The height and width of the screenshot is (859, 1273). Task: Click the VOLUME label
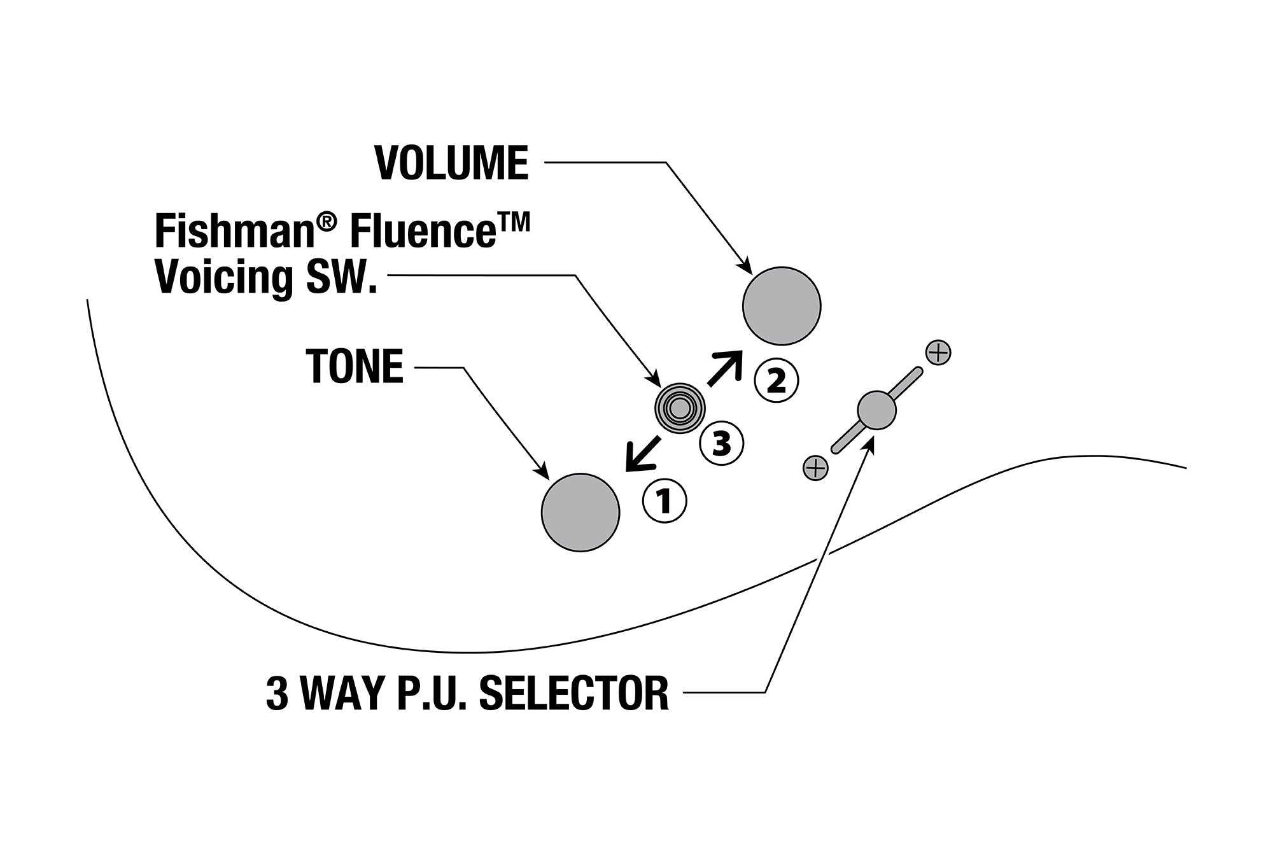[x=451, y=163]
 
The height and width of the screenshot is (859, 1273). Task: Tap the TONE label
[x=355, y=367]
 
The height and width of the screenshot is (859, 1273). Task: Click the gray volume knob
[x=782, y=306]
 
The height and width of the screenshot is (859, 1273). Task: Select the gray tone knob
[x=580, y=512]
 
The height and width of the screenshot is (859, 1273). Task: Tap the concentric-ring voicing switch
[x=680, y=409]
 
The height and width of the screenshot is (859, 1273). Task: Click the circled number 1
[x=665, y=501]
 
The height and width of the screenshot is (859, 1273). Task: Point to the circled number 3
[x=721, y=443]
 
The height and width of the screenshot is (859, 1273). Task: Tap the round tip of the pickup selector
[x=876, y=410]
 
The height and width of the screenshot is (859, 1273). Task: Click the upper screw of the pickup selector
[x=938, y=353]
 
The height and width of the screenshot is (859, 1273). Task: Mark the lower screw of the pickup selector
[x=815, y=468]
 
